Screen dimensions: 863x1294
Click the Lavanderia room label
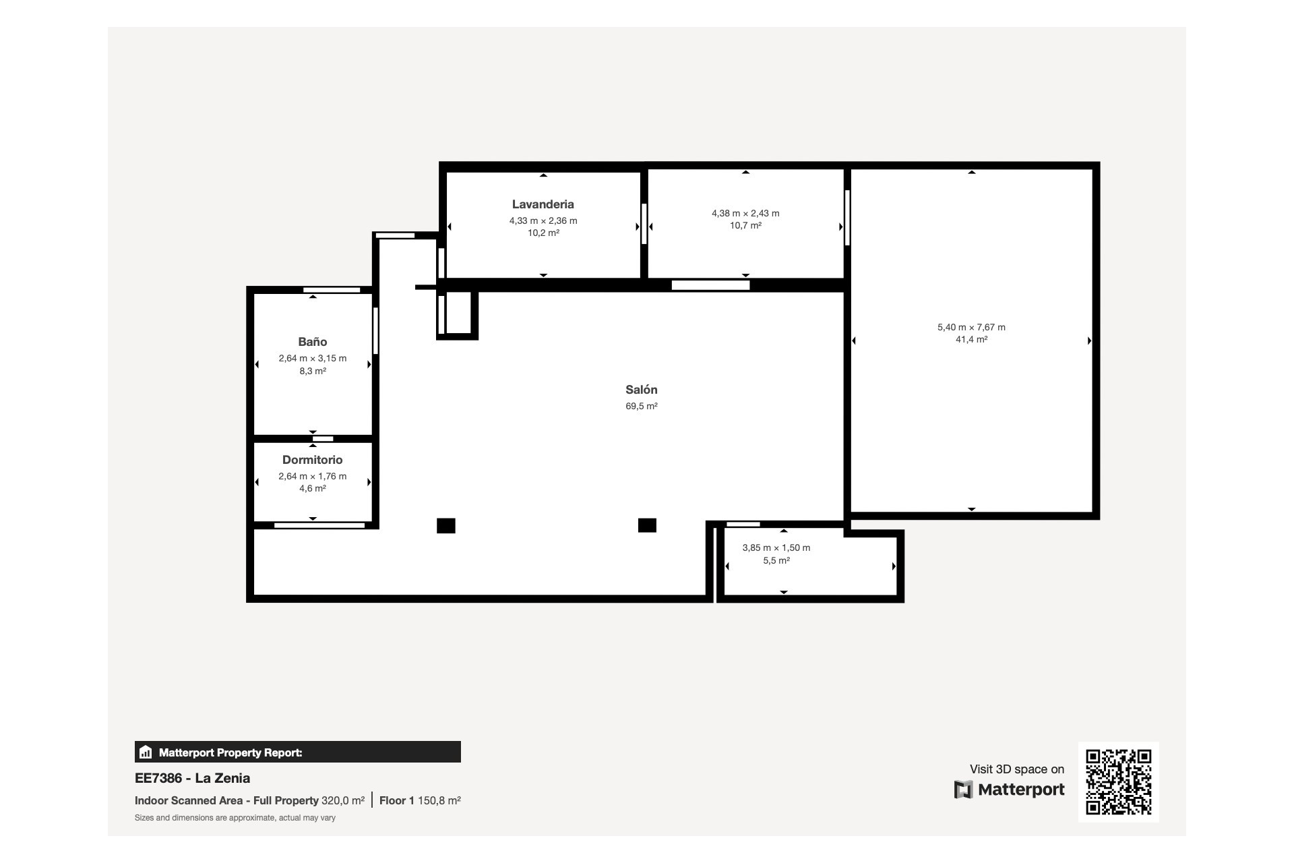543,204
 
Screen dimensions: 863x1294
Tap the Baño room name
313,342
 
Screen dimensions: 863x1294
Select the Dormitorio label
313,460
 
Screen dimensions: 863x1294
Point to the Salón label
641,390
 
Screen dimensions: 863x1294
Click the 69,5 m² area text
641,406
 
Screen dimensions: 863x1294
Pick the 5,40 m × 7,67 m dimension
971,327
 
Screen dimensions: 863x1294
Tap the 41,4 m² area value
971,340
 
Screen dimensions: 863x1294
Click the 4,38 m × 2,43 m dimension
745,213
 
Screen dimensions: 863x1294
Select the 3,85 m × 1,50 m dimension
776,547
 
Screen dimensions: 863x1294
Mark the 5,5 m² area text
776,560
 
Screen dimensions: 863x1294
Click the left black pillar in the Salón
445,525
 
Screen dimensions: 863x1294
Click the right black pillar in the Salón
647,525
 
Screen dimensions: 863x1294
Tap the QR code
1118,781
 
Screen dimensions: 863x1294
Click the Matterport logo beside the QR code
1009,790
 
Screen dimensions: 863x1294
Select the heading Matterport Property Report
230,752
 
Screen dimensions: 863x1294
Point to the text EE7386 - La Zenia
193,778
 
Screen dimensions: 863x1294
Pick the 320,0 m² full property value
343,800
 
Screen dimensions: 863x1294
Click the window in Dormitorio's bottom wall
319,525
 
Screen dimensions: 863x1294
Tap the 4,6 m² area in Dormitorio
313,489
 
